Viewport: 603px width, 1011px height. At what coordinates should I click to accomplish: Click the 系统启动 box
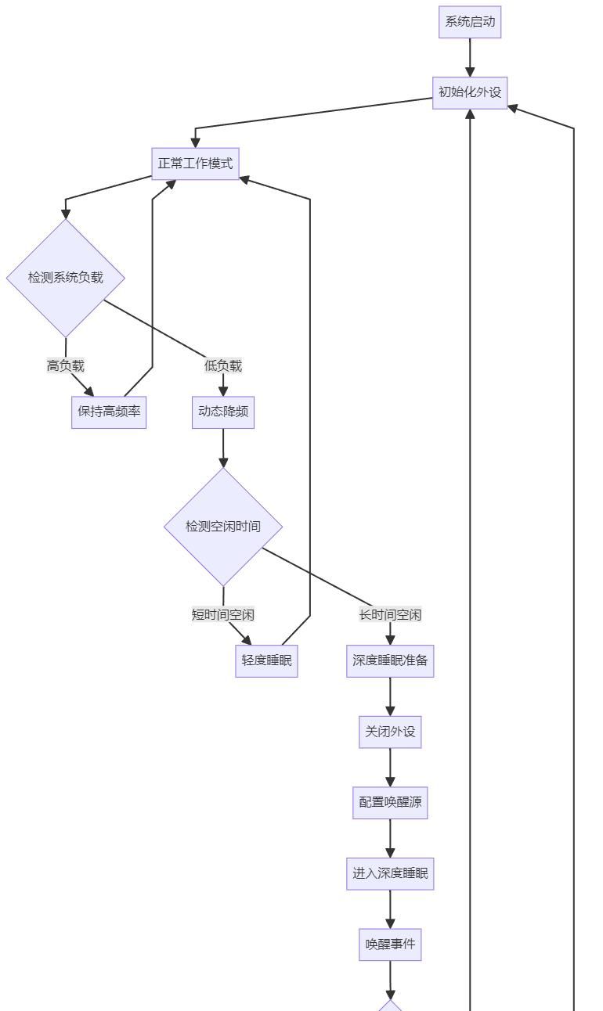coord(470,22)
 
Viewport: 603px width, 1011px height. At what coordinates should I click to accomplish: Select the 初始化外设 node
coord(470,92)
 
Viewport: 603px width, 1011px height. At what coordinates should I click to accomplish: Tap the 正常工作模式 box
coord(195,164)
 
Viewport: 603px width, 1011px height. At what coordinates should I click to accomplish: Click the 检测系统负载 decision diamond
coord(66,277)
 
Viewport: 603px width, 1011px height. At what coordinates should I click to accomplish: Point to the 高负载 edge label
coord(66,365)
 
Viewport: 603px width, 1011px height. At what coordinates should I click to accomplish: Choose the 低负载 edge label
coord(223,365)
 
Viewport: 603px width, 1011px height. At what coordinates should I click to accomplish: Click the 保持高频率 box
coord(109,412)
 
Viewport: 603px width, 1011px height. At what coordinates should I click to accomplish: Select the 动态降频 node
coord(223,412)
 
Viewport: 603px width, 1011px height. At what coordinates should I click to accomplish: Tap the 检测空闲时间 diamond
coord(223,526)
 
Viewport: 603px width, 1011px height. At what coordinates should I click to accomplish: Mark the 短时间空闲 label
coord(223,614)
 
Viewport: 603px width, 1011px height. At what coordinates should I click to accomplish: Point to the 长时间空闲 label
coord(390,614)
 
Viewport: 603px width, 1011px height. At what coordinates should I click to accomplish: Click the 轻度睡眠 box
coord(266,660)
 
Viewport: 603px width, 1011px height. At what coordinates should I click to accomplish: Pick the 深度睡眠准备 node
coord(390,660)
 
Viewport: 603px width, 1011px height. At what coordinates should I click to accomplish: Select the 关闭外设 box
coord(390,732)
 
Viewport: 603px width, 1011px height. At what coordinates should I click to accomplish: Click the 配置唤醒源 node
coord(390,803)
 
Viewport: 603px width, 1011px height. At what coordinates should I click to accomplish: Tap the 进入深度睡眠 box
coord(390,873)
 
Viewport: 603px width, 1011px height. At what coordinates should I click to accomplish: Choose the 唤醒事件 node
coord(390,944)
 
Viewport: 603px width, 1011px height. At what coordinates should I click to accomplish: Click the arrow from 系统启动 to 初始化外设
coord(470,57)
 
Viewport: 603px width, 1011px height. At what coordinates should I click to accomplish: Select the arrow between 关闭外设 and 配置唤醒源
coord(390,768)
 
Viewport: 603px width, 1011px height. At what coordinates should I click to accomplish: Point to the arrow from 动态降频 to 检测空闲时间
coord(223,448)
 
